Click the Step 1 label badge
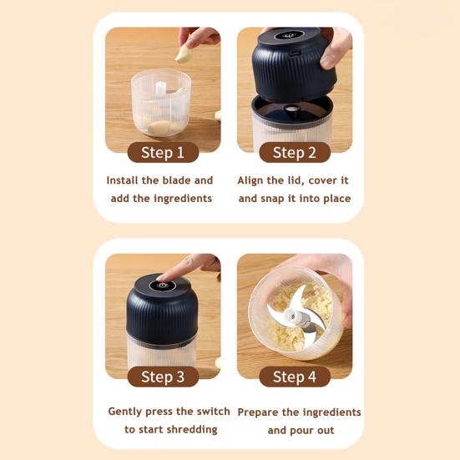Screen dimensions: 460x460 pyautogui.click(x=163, y=152)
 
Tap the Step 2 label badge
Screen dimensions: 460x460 pyautogui.click(x=295, y=152)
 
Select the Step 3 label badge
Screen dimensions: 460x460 pyautogui.click(x=163, y=377)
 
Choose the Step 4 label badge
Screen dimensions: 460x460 pyautogui.click(x=295, y=377)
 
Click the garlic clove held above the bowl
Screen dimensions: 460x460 pyautogui.click(x=183, y=54)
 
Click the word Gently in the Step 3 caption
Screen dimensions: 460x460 pyautogui.click(x=127, y=412)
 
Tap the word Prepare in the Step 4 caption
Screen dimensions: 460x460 pyautogui.click(x=260, y=412)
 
